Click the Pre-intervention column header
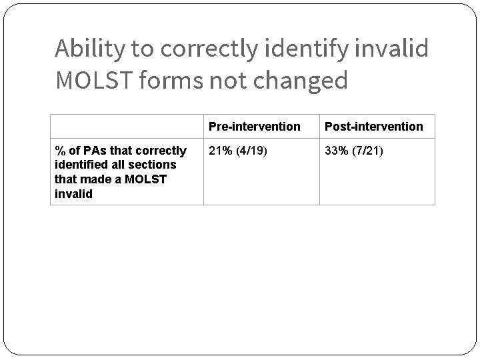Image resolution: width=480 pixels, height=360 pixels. click(x=254, y=126)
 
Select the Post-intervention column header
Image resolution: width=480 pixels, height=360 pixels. click(x=373, y=126)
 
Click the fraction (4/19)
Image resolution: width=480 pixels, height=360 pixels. click(x=255, y=151)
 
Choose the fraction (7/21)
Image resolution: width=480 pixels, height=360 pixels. click(x=371, y=151)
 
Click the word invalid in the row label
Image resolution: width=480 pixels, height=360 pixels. click(x=73, y=194)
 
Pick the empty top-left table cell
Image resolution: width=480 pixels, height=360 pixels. click(x=127, y=126)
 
